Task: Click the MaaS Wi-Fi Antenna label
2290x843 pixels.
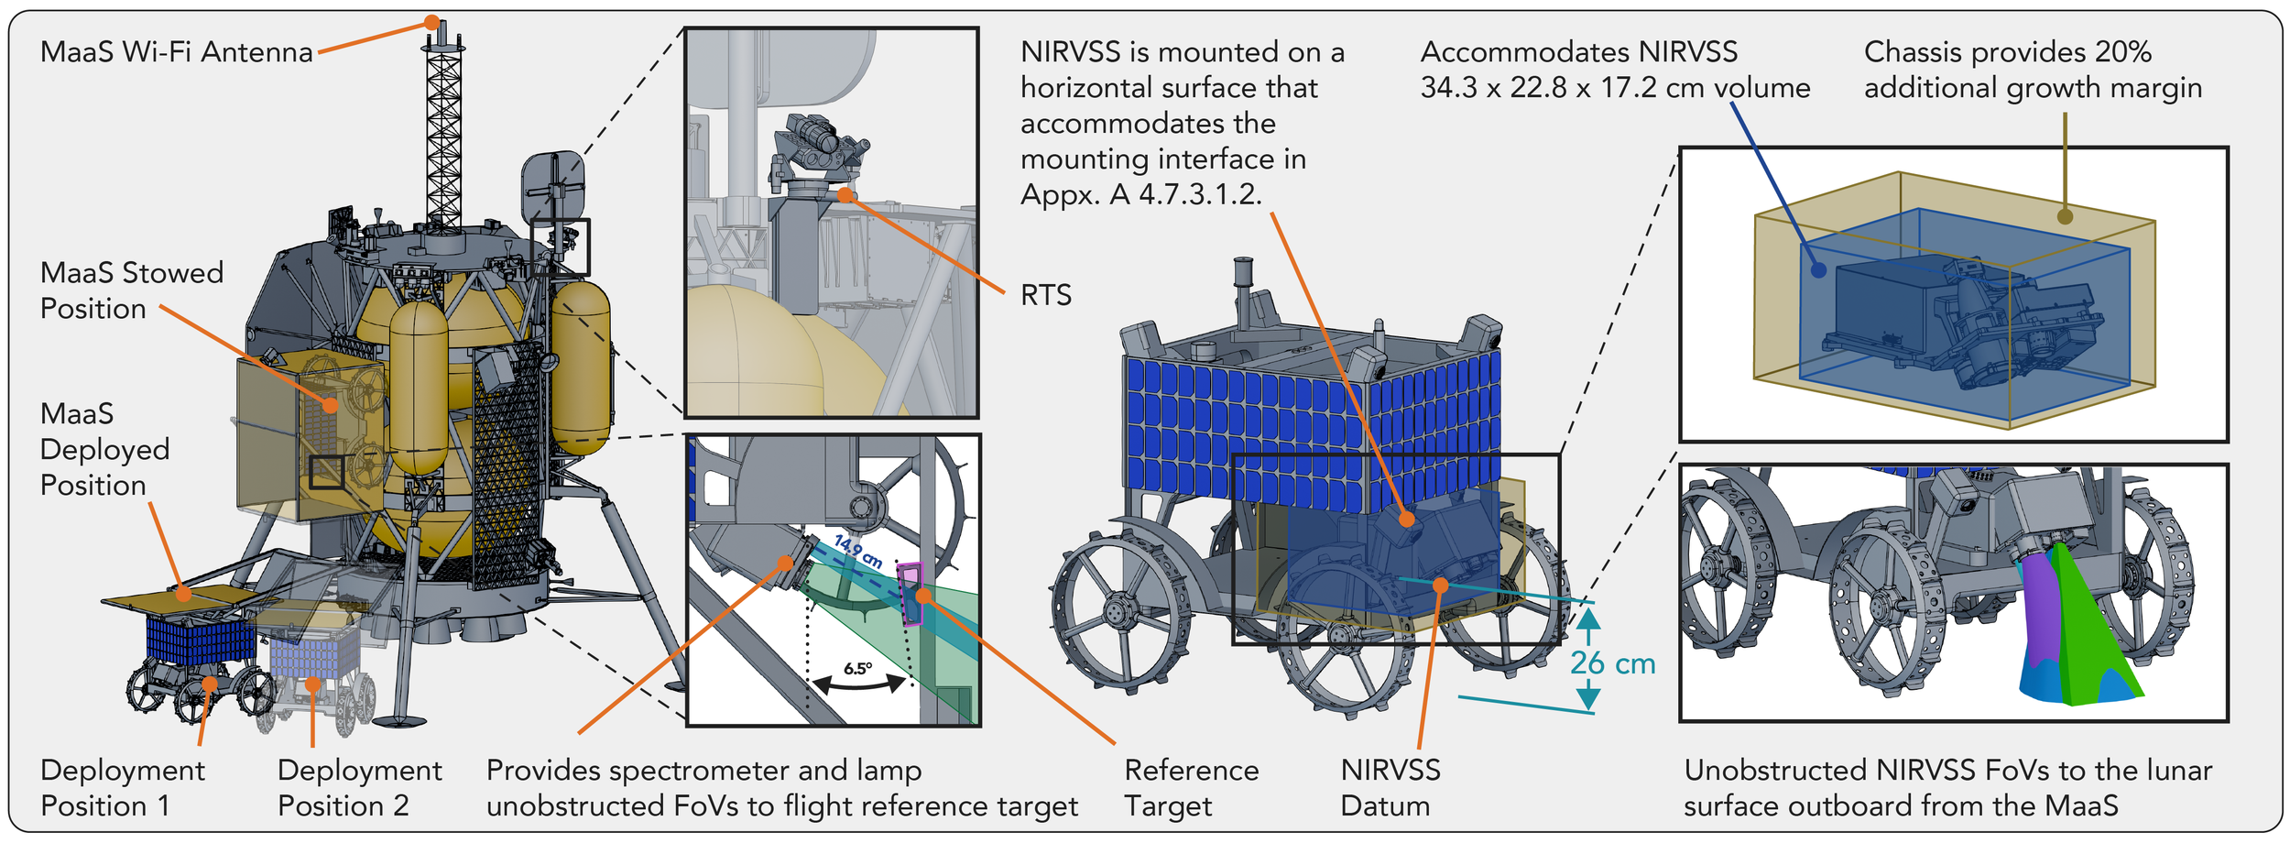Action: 177,52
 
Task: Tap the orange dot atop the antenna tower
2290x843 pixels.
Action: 431,22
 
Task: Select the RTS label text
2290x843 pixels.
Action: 1045,295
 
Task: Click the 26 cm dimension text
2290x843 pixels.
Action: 1612,662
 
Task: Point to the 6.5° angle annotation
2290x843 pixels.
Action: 858,668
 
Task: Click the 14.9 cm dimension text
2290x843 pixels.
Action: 858,552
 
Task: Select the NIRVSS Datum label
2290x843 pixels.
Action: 1390,787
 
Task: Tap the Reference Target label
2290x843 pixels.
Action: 1192,787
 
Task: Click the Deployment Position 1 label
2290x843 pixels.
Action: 123,787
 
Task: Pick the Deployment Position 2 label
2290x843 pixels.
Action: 360,787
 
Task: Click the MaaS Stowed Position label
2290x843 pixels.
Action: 132,290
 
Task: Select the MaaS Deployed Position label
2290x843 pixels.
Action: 105,449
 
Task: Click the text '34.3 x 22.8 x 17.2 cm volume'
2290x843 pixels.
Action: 1615,88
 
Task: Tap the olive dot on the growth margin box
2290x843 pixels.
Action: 2065,216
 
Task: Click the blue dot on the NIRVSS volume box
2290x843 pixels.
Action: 1819,269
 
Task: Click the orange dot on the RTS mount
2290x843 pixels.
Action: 845,194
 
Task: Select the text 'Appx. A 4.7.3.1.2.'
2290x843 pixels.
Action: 1141,195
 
